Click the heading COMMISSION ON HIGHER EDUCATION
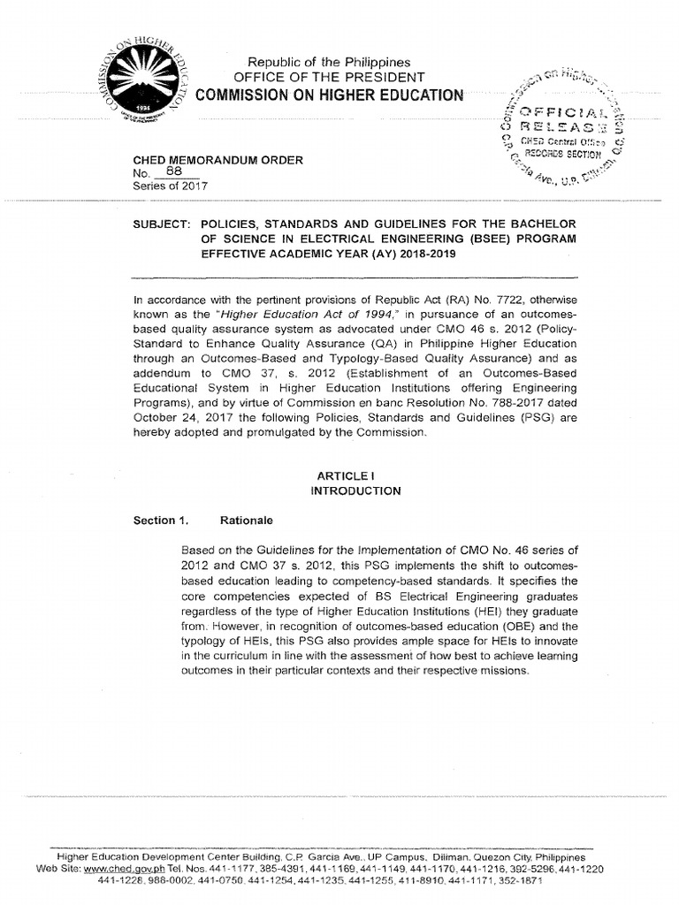point(329,95)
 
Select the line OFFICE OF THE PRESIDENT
point(329,78)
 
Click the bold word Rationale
point(253,521)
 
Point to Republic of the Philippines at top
point(329,62)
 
